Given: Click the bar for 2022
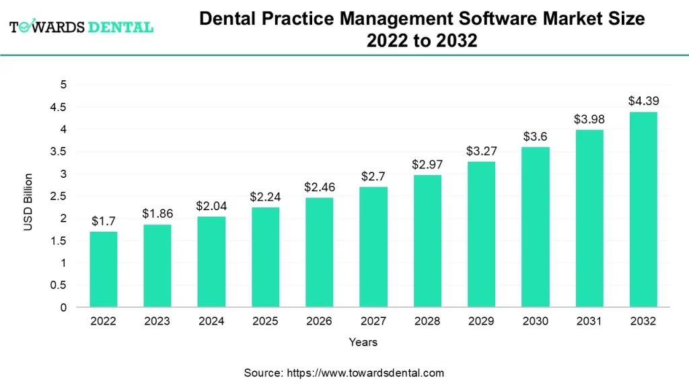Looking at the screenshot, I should click(104, 269).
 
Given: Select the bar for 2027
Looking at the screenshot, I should click(373, 247).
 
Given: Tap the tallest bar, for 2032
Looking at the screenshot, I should click(643, 209).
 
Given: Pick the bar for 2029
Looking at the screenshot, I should click(481, 234).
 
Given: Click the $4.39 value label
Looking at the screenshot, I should click(643, 101).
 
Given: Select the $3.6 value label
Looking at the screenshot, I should click(535, 137).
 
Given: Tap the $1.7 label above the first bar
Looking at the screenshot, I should click(104, 221).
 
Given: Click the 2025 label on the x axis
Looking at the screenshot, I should click(265, 321).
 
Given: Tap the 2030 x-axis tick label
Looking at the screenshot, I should click(535, 321).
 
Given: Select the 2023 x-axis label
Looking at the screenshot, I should click(157, 321).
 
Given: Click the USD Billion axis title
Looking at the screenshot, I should click(28, 202).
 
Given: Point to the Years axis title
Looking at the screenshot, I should click(363, 342).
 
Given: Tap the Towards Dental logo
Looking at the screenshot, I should click(81, 28).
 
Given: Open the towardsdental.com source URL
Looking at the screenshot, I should click(365, 373).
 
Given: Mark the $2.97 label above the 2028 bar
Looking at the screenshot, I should click(427, 165).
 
